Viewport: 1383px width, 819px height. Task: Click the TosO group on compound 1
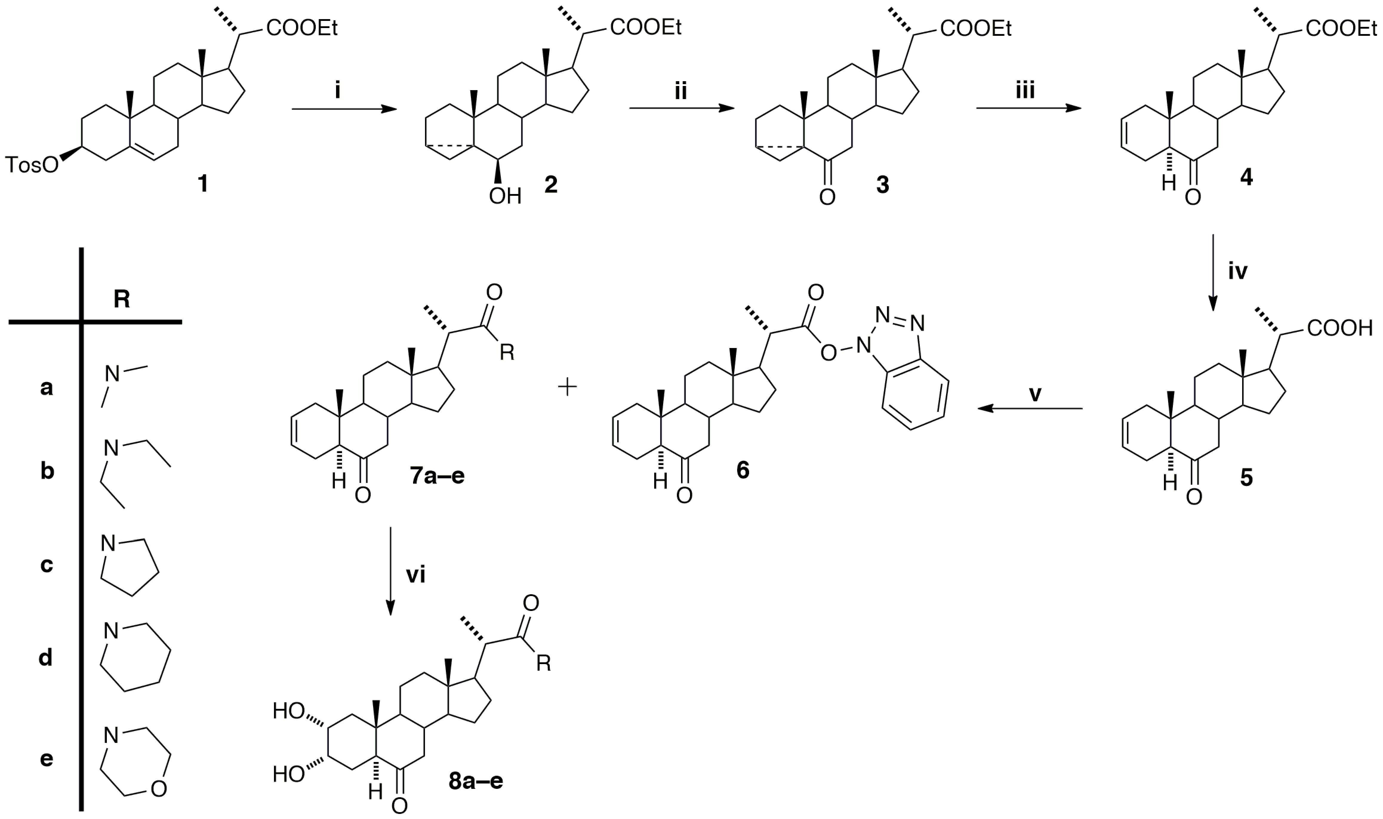[31, 165]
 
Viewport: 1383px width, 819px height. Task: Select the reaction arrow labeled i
[344, 109]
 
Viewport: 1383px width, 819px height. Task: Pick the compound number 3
[883, 185]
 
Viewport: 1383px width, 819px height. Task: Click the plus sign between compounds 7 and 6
[567, 387]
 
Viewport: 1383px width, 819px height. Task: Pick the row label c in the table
[47, 565]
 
